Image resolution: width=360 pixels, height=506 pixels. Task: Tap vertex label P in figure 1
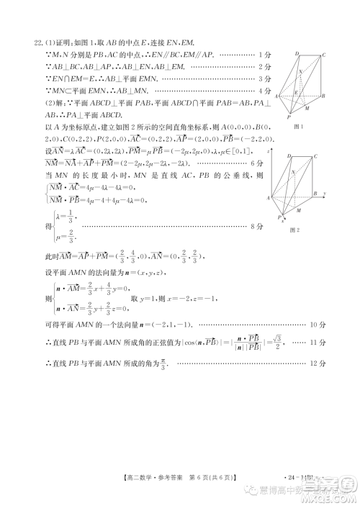(x=290, y=116)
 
